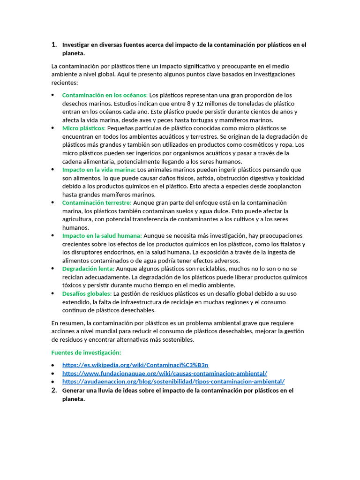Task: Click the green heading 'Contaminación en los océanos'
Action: [105, 95]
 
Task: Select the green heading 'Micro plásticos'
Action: [84, 128]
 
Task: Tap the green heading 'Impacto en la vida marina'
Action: [98, 170]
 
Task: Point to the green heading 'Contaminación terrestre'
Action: [97, 203]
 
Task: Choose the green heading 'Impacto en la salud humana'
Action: [102, 236]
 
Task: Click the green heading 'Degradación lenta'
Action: [88, 269]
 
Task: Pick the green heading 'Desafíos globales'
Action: [87, 294]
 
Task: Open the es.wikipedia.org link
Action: [135, 365]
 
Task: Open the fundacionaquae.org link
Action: [165, 374]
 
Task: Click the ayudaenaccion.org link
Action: [173, 382]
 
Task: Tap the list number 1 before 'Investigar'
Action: [54, 45]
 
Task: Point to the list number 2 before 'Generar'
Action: [54, 390]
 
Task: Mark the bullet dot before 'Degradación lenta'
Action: [53, 269]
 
